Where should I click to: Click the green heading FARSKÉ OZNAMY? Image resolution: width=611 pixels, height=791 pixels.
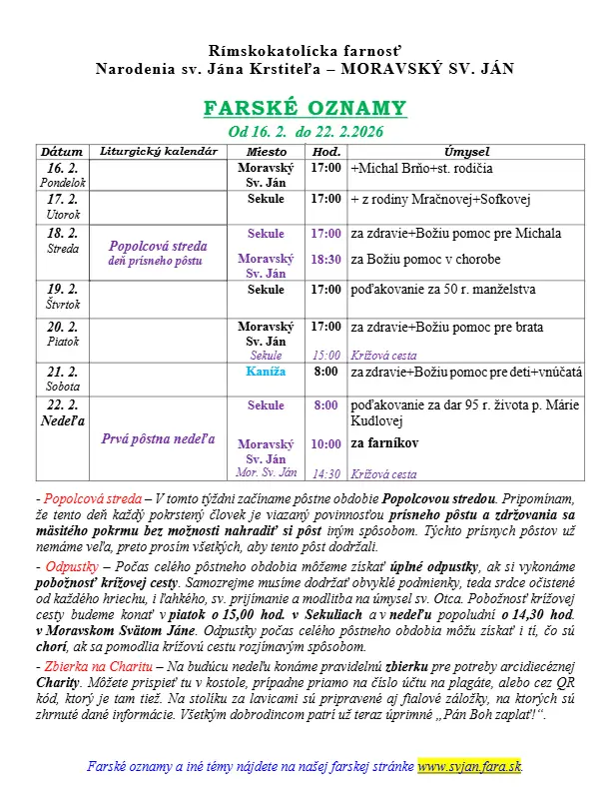[x=305, y=108]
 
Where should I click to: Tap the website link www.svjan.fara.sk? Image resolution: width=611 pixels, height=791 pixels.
[x=469, y=766]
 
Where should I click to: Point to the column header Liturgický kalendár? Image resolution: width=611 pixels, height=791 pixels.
[x=160, y=151]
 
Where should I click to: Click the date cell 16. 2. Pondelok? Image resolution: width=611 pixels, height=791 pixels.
[x=62, y=175]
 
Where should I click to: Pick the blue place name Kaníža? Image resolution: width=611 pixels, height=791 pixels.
[x=267, y=372]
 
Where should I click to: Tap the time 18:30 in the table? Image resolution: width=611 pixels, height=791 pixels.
[x=325, y=259]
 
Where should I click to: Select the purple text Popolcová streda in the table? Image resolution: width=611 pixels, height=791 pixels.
[x=159, y=246]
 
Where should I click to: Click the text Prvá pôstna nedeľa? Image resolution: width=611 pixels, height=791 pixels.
[x=159, y=437]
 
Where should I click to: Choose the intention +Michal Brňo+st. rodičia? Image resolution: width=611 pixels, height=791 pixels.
[x=421, y=168]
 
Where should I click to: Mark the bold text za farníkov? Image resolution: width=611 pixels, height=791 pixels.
[x=384, y=441]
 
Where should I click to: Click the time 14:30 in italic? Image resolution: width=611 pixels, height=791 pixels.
[x=325, y=473]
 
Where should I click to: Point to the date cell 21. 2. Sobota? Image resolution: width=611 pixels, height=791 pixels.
[x=62, y=378]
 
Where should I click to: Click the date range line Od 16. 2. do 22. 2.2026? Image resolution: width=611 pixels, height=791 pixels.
[x=305, y=132]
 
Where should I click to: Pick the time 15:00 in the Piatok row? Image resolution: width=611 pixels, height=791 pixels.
[x=325, y=354]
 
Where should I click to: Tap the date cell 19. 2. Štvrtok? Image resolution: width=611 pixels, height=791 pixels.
[x=62, y=297]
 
